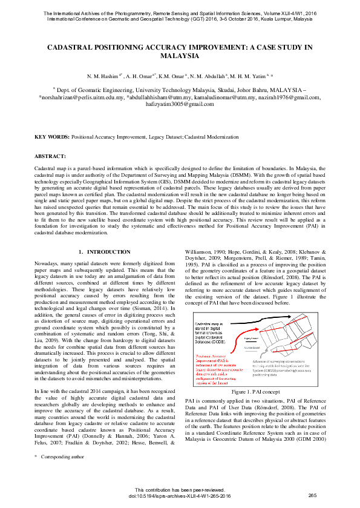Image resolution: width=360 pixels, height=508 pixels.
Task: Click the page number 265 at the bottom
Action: tap(312, 496)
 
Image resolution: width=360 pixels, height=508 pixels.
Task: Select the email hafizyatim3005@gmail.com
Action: tap(180, 105)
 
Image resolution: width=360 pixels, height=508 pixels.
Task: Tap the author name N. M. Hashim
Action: tap(104, 76)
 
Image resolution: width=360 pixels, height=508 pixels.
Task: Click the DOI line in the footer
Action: tap(180, 496)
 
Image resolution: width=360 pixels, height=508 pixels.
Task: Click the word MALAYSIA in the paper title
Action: tap(180, 56)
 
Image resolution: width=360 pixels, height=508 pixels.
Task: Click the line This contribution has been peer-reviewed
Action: tap(180, 490)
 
